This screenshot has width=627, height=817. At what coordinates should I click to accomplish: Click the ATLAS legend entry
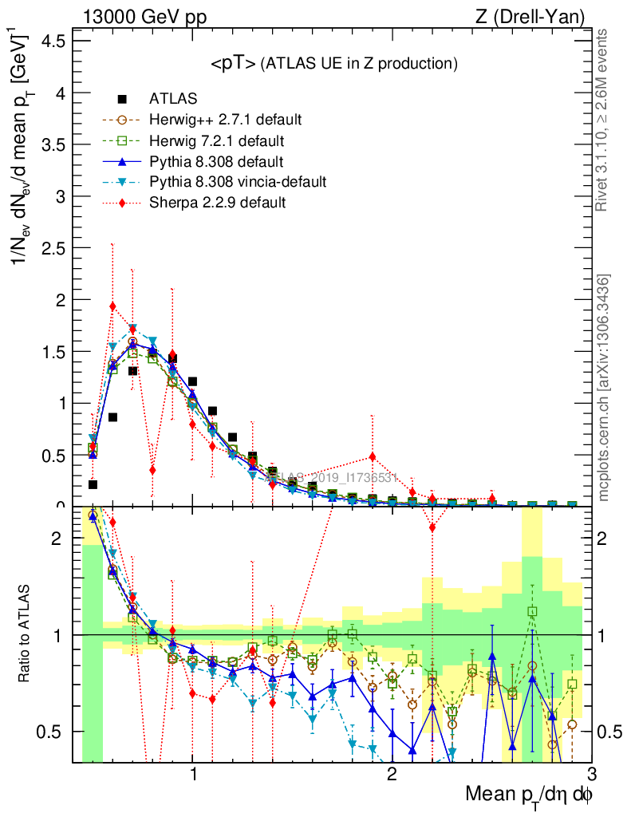[173, 100]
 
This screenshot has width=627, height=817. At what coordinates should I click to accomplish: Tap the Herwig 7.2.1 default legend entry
[218, 141]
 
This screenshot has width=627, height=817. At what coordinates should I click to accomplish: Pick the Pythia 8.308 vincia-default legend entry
[238, 183]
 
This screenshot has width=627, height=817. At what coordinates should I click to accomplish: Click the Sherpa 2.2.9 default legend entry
[217, 203]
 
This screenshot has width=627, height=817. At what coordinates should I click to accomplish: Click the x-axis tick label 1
[193, 774]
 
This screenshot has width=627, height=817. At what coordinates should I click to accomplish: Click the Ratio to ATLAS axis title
[26, 634]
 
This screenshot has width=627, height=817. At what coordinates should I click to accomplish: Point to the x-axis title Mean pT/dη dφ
[529, 795]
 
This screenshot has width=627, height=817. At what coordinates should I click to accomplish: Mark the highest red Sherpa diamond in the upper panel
[112, 306]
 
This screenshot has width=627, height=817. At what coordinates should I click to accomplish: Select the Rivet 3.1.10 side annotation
[605, 120]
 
